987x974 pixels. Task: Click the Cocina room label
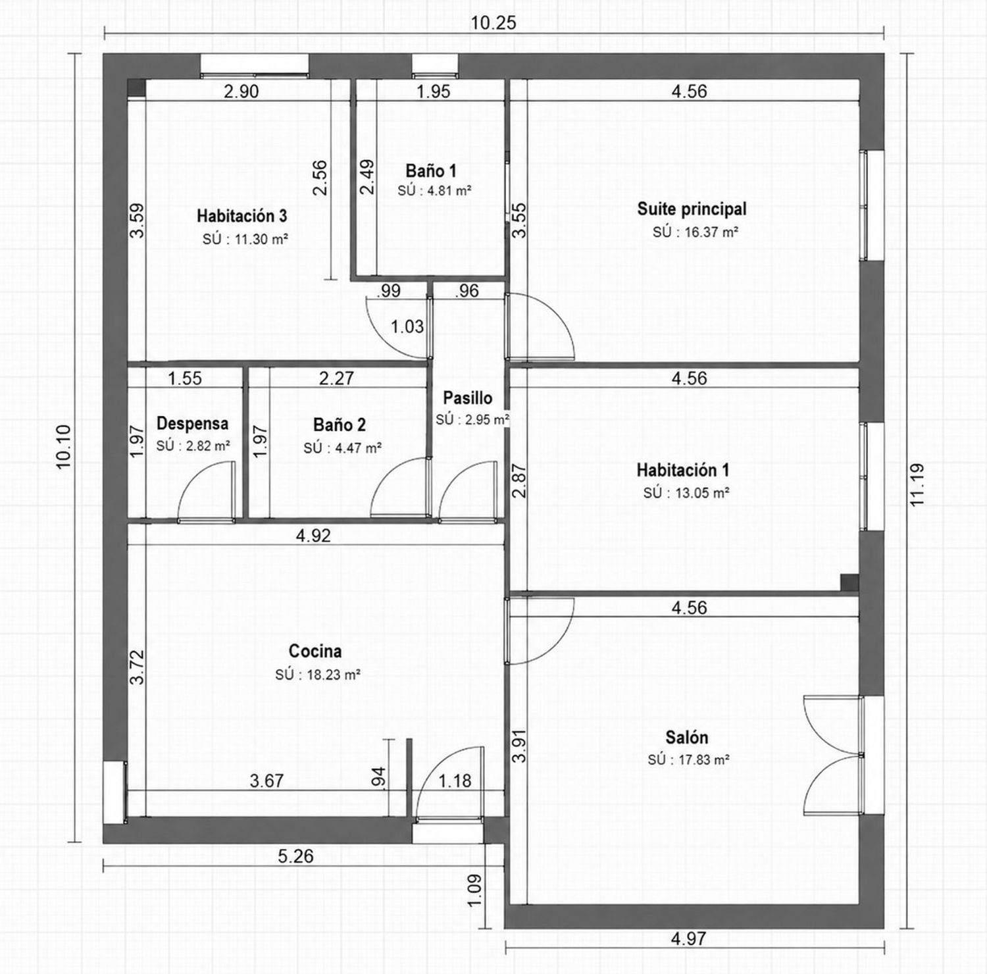tap(315, 651)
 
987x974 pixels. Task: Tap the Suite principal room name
tap(692, 209)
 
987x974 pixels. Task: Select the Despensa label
tap(192, 424)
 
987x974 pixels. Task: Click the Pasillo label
tap(467, 398)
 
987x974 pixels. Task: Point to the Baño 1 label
tap(431, 171)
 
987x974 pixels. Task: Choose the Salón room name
tap(687, 737)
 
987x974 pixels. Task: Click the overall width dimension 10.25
tap(493, 23)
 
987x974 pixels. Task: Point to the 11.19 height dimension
tap(917, 485)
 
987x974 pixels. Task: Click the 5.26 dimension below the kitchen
tap(295, 856)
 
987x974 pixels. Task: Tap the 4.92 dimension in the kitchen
tap(313, 536)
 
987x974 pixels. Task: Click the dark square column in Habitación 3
tap(136, 88)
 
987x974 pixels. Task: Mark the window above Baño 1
tap(434, 65)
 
